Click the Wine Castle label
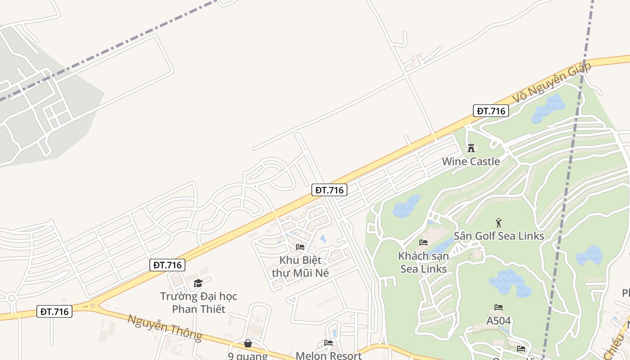pyautogui.click(x=471, y=162)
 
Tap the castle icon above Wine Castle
pyautogui.click(x=471, y=148)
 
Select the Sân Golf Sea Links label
pyautogui.click(x=499, y=236)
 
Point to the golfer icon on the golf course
pyautogui.click(x=498, y=222)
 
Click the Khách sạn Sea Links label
pyautogui.click(x=423, y=262)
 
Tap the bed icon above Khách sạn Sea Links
pyautogui.click(x=423, y=243)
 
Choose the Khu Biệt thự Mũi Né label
pyautogui.click(x=300, y=266)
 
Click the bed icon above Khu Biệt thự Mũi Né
pyautogui.click(x=300, y=247)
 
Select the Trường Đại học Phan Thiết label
pyautogui.click(x=198, y=302)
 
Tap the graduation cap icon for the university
pyautogui.click(x=198, y=283)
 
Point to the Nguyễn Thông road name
pyautogui.click(x=165, y=327)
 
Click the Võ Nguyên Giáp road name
pyautogui.click(x=551, y=81)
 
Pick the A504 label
pyautogui.click(x=499, y=321)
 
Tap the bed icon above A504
pyautogui.click(x=499, y=307)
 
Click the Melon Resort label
pyautogui.click(x=328, y=355)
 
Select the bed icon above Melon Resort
pyautogui.click(x=328, y=343)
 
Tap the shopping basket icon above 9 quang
pyautogui.click(x=247, y=344)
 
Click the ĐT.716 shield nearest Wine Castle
pyautogui.click(x=490, y=111)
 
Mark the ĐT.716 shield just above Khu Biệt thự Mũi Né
pyautogui.click(x=329, y=190)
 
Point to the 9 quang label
pyautogui.click(x=247, y=356)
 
